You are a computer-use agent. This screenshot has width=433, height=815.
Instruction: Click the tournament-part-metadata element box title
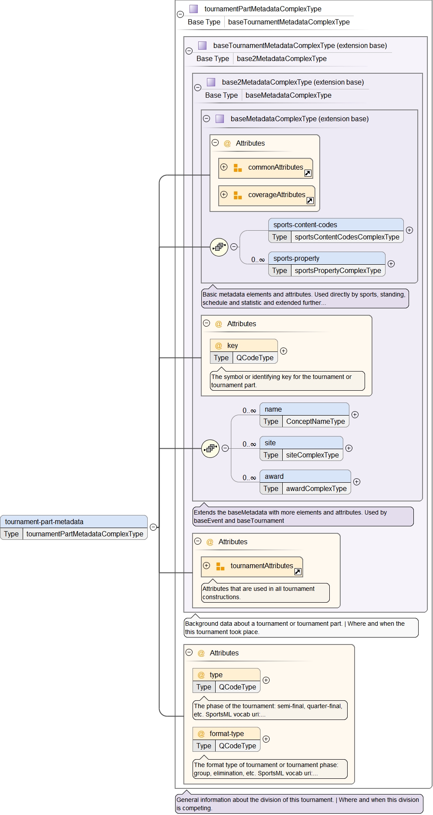coord(44,522)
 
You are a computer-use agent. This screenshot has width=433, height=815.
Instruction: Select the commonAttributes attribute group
coord(275,167)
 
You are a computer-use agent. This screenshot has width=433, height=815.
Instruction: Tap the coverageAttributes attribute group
coord(276,195)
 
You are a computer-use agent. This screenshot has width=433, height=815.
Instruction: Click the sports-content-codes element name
coord(305,225)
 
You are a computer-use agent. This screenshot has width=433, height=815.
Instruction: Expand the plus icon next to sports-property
coord(391,264)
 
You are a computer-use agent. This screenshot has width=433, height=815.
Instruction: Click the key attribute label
coord(233,346)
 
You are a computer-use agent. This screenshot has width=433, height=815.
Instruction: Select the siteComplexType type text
coord(312,455)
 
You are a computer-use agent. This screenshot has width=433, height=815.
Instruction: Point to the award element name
coord(274,477)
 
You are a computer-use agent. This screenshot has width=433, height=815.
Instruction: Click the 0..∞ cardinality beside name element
coord(249,411)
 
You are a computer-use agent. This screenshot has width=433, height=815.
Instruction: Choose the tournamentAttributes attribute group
coord(261,566)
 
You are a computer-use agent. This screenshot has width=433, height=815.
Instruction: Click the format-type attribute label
coord(227,734)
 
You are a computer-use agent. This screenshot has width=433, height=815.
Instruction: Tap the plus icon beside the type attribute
coord(266,680)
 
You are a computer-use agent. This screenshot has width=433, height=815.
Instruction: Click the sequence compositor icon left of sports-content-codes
coord(219,247)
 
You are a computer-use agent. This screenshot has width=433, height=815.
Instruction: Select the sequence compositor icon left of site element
coord(210,448)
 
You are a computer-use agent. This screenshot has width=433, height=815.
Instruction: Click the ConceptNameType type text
coord(315,422)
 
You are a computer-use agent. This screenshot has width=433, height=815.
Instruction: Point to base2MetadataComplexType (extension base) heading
coord(293,82)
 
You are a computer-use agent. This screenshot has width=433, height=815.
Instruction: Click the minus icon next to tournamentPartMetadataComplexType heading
coord(180,14)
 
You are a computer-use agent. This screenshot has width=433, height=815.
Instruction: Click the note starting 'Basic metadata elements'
coord(304,299)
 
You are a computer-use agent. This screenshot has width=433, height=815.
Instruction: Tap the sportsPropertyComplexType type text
coord(338,271)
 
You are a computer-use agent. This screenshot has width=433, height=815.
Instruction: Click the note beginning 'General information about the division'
coord(298,804)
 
